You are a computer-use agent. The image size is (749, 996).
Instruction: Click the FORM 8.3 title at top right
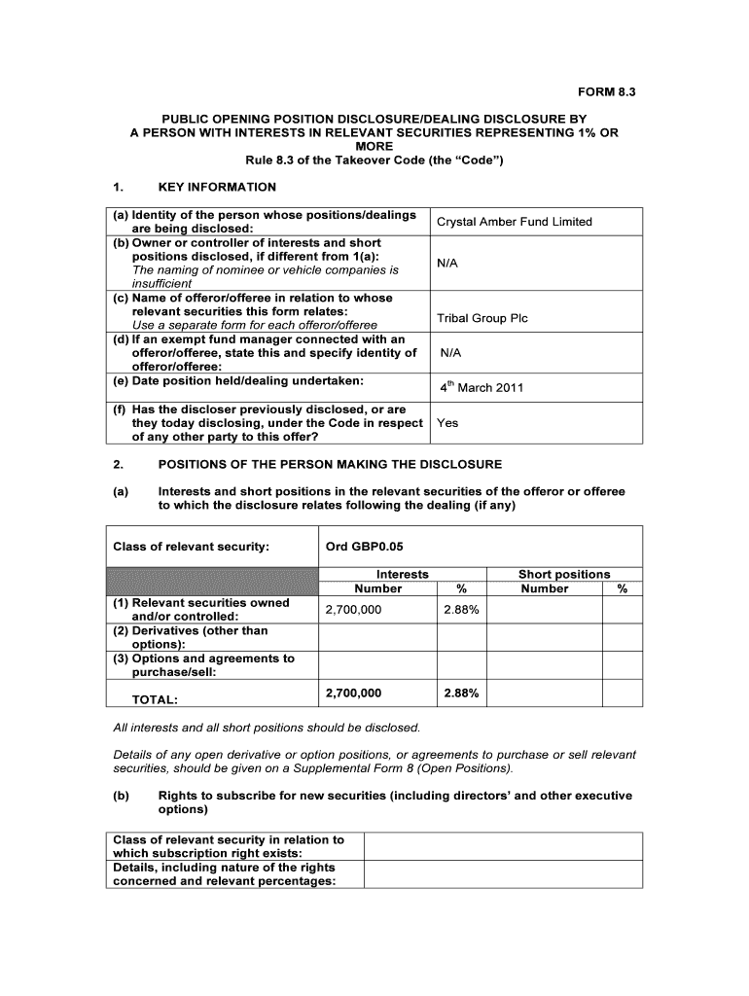(606, 92)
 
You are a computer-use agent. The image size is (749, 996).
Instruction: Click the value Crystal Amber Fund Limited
(514, 222)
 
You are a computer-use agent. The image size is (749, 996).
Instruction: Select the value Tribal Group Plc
(482, 318)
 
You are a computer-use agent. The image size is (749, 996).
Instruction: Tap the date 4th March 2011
(481, 387)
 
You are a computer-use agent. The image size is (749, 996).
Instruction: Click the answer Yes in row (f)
(447, 423)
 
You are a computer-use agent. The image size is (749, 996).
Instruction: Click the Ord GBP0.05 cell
(364, 547)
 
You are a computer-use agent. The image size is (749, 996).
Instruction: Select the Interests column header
(402, 574)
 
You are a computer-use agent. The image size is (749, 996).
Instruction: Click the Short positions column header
(564, 574)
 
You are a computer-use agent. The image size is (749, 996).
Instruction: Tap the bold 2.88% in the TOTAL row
(460, 694)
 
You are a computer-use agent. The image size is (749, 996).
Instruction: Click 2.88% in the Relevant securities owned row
(460, 610)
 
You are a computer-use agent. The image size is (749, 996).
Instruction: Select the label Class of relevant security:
(191, 547)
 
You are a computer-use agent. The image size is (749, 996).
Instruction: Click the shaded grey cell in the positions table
(211, 581)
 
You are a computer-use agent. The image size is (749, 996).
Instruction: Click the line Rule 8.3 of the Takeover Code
(374, 160)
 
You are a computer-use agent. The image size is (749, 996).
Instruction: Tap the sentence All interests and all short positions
(267, 728)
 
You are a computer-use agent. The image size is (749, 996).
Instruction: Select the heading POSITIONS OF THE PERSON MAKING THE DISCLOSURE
(330, 464)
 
